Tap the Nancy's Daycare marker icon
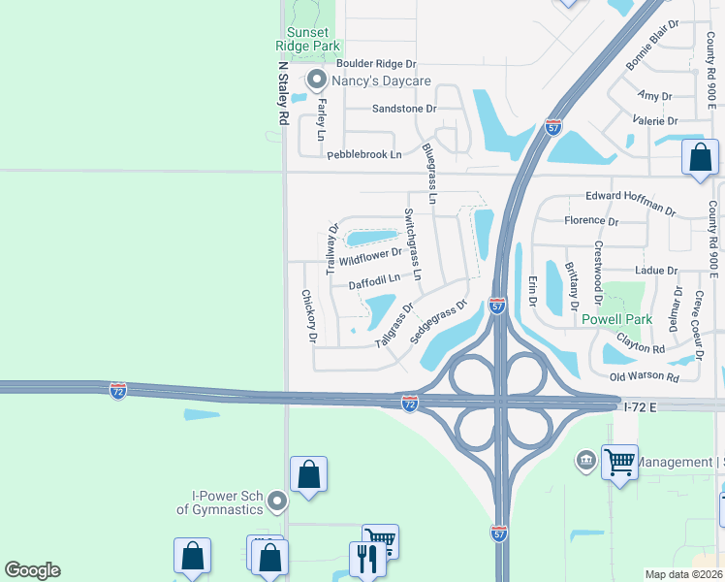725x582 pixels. click(315, 81)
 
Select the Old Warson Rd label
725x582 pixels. click(645, 375)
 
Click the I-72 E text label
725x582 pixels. click(639, 408)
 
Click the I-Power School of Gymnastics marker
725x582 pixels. click(278, 501)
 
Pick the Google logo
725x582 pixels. click(32, 570)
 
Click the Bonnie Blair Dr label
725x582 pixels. click(652, 46)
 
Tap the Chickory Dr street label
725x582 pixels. click(308, 317)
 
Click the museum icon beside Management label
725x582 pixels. click(585, 459)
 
